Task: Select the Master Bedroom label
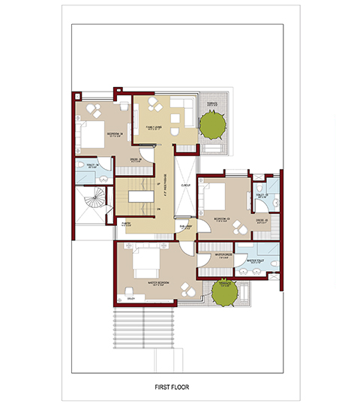coord(158,282)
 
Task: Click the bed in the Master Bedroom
coord(145,265)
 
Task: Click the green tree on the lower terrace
coord(223,291)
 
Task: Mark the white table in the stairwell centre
coord(138,197)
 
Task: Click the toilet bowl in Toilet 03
coord(274,203)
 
